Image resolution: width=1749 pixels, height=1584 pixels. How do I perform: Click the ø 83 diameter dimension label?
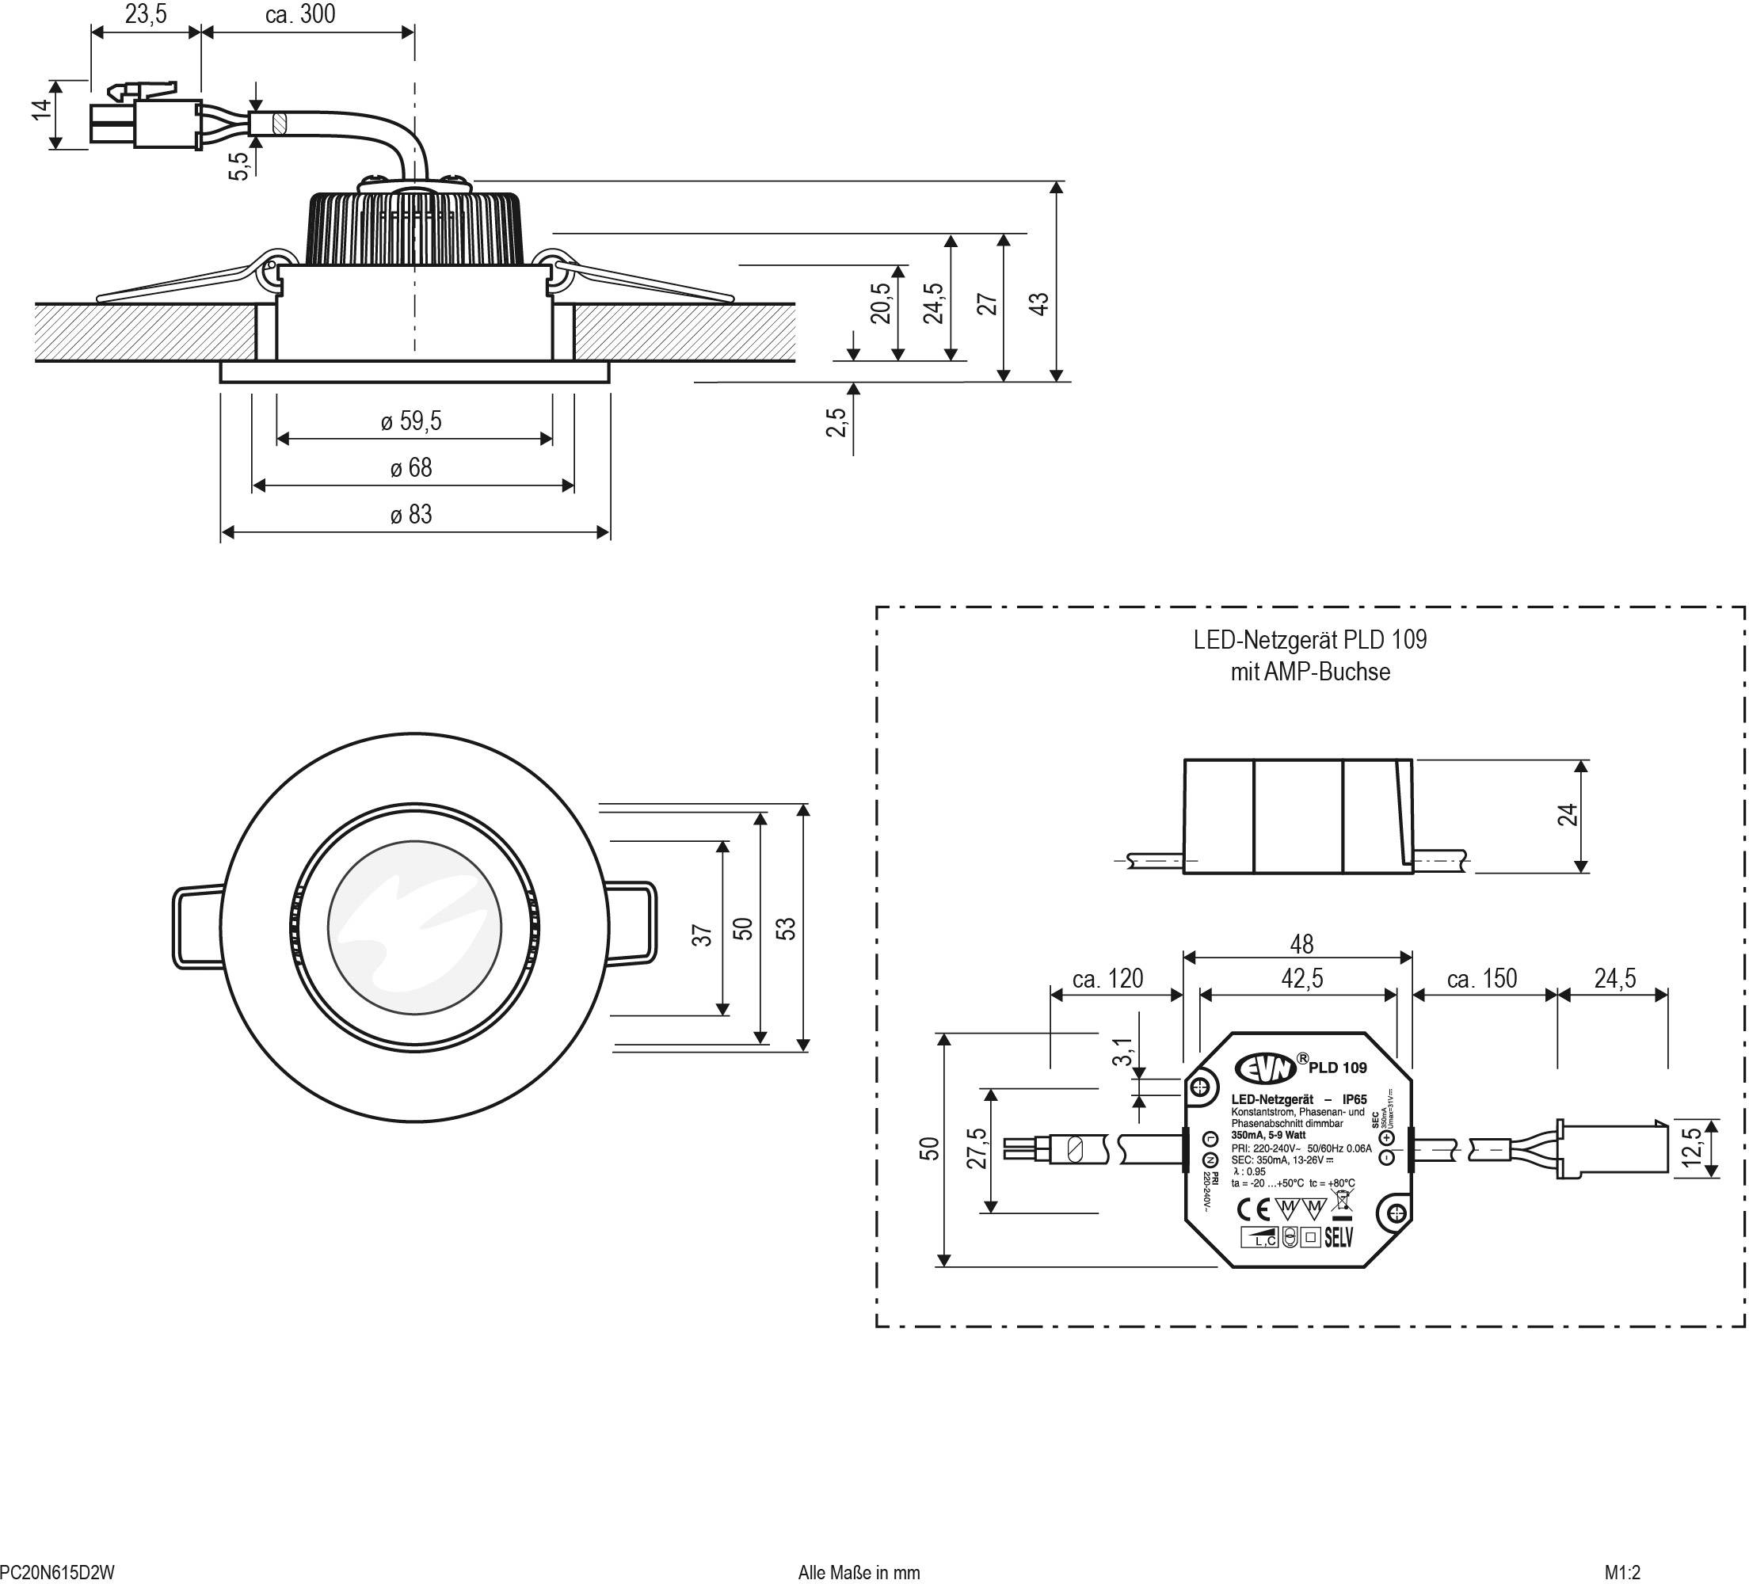point(411,516)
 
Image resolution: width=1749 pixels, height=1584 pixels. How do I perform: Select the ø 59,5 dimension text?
point(411,421)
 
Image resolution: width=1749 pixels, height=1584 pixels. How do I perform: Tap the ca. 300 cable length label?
point(300,15)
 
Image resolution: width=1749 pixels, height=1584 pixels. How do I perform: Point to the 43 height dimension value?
point(1039,303)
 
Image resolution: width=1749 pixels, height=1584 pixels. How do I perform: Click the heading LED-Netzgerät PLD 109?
point(1309,640)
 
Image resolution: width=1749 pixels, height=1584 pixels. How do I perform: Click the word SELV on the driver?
point(1339,1238)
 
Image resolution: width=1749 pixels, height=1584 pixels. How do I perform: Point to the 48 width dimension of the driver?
point(1301,944)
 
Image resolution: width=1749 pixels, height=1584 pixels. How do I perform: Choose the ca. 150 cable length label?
point(1482,980)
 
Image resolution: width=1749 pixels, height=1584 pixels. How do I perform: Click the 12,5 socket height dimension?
point(1692,1148)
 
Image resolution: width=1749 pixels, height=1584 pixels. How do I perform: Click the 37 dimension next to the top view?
point(702,935)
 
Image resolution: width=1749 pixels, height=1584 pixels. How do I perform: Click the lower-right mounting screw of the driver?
point(1395,1213)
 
